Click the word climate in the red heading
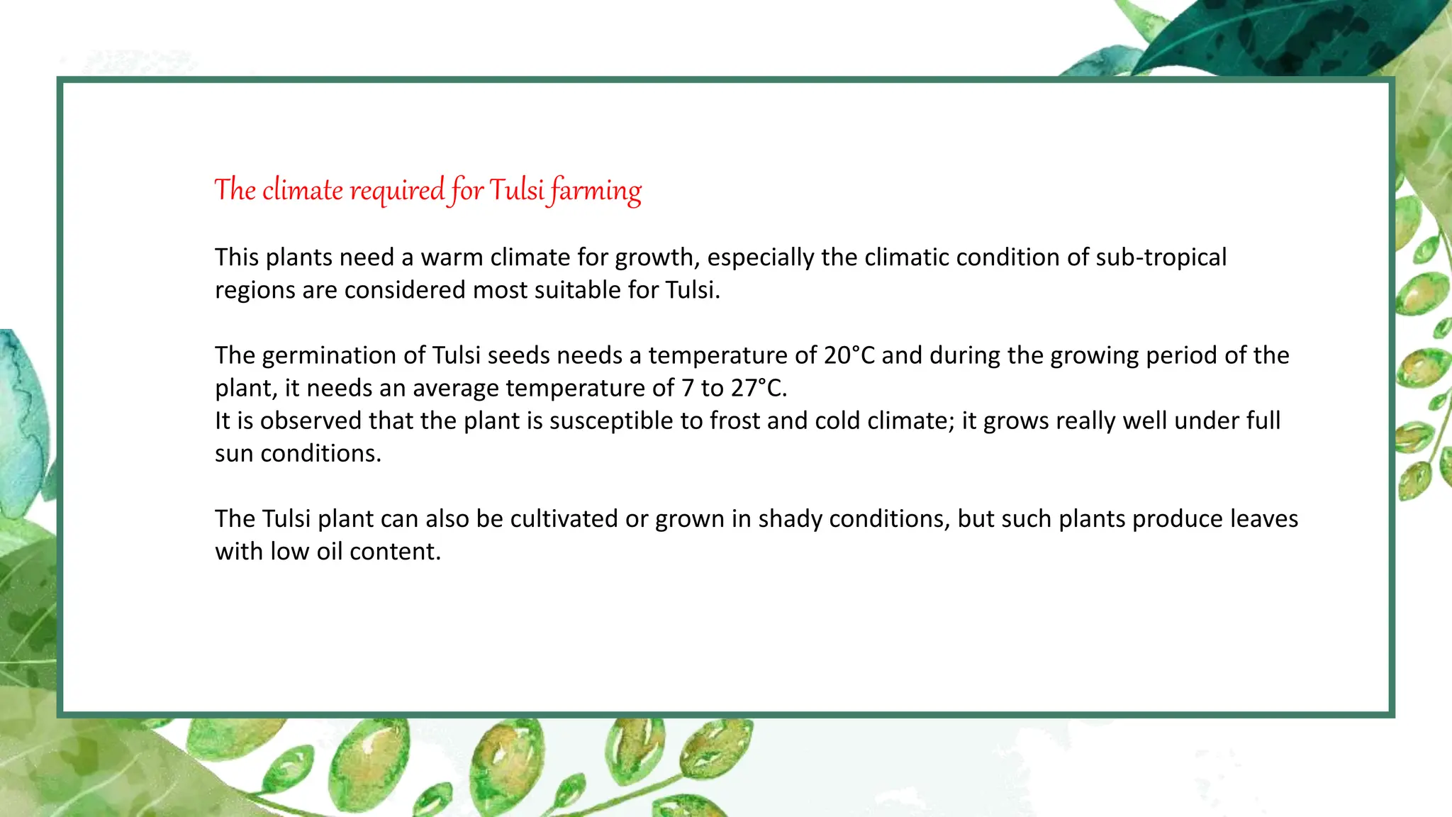point(303,190)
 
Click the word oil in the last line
point(330,552)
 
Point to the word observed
point(311,421)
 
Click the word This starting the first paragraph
point(237,257)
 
